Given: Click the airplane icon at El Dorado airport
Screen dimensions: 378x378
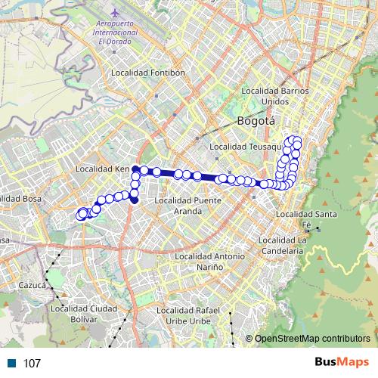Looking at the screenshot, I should pyautogui.click(x=114, y=14).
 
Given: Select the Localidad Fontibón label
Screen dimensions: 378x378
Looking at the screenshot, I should pyautogui.click(x=147, y=73).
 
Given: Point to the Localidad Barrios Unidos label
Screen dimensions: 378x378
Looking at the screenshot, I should pyautogui.click(x=275, y=96).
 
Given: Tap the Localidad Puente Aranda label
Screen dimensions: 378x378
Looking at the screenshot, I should pyautogui.click(x=187, y=206).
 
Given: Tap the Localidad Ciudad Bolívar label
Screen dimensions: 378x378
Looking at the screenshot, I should pyautogui.click(x=83, y=314).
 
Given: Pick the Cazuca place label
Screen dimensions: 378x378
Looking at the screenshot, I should pyautogui.click(x=33, y=286).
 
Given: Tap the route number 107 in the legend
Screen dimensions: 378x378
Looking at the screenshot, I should pyautogui.click(x=32, y=364).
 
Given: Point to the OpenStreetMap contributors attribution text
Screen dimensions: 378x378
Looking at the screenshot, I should pyautogui.click(x=313, y=338).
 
